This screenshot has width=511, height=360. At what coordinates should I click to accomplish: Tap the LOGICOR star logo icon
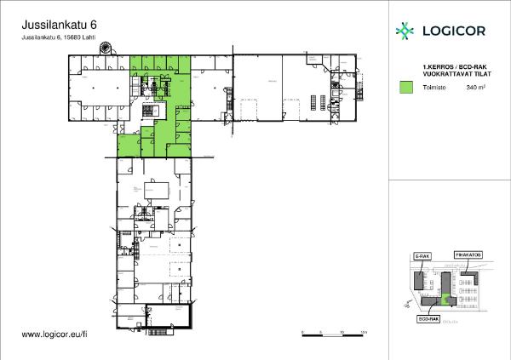pyautogui.click(x=405, y=31)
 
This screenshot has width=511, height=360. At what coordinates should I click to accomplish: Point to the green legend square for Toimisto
pyautogui.click(x=406, y=86)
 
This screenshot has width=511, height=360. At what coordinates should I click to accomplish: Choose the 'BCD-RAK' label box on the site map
pyautogui.click(x=428, y=318)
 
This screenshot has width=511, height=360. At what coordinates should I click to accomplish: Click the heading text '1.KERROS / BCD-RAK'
pyautogui.click(x=450, y=66)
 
